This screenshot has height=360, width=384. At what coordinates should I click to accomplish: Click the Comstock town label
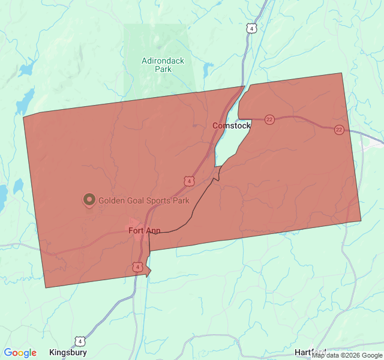[232, 125]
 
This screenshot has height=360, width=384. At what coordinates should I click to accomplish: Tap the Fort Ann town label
[144, 230]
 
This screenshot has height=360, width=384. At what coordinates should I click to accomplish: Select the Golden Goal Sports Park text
[143, 200]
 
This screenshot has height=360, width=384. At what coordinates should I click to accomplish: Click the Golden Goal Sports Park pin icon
[89, 199]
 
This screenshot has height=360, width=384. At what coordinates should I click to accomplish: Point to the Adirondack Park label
[163, 65]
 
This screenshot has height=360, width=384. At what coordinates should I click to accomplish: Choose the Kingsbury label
[68, 352]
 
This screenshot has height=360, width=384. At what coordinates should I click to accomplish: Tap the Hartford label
[310, 352]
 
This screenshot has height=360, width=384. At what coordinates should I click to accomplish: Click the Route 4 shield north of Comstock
[251, 28]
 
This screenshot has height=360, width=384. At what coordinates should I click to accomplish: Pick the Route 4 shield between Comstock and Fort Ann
[190, 181]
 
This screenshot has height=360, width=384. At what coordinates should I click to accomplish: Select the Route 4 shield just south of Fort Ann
[138, 266]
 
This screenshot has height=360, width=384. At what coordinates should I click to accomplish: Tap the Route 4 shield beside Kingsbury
[80, 341]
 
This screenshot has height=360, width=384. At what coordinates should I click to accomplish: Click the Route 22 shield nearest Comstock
[269, 119]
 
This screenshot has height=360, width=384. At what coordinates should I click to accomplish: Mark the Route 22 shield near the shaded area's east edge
[339, 130]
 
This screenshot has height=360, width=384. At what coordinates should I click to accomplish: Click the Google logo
[20, 353]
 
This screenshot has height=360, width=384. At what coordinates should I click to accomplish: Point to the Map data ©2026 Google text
[347, 355]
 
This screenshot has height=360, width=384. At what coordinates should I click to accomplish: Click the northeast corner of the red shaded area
[341, 73]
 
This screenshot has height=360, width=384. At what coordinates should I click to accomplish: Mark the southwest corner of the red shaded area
[46, 287]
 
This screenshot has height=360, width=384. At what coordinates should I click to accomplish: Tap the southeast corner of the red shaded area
[361, 220]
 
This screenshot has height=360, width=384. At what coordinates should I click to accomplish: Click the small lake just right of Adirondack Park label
[207, 70]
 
